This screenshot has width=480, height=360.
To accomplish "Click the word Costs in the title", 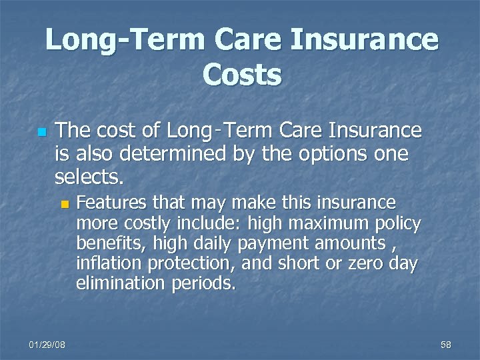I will (242, 74).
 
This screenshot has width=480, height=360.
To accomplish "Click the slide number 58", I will (445, 344).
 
